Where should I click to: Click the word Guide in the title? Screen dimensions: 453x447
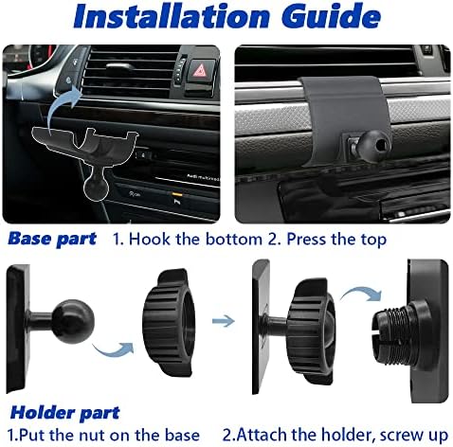331,16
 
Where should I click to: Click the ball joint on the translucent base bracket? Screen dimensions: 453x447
96,188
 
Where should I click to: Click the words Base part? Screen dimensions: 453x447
52,239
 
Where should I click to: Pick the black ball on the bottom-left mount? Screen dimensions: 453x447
73,321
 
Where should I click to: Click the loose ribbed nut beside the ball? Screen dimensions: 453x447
168,322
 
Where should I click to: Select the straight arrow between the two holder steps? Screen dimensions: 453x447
224,321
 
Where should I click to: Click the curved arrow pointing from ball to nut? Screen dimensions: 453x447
114,350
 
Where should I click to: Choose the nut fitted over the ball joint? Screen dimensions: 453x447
311,331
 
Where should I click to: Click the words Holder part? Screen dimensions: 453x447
65,413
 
